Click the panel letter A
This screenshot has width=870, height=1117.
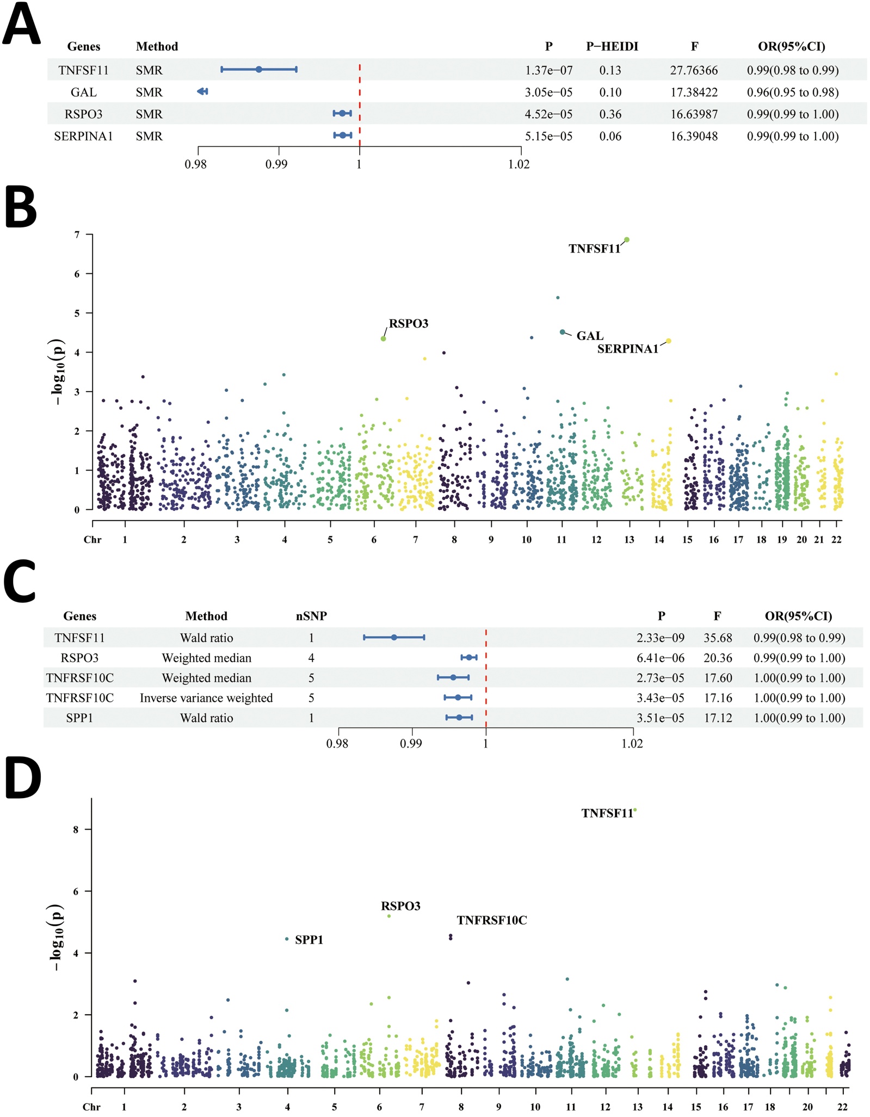(21, 24)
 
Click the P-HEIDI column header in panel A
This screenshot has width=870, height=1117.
(612, 47)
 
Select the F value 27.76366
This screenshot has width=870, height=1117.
(694, 70)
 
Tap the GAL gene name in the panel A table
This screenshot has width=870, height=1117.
(83, 92)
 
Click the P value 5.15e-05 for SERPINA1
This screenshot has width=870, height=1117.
(548, 136)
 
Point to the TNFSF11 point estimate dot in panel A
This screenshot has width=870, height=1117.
(259, 70)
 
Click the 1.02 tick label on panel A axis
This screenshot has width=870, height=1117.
(519, 164)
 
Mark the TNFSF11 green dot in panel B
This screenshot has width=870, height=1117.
(627, 240)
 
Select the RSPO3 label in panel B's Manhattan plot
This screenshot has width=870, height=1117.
(409, 324)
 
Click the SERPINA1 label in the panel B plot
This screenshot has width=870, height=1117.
(627, 349)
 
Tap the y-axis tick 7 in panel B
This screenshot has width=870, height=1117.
(77, 235)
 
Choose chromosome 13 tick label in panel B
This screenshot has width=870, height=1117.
(630, 540)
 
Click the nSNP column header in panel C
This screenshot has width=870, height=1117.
(311, 616)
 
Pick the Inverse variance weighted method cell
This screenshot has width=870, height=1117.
(206, 698)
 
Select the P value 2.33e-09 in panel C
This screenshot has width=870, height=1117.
(661, 638)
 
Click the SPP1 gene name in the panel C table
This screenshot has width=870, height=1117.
(79, 718)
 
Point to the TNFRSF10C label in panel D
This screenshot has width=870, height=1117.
(492, 921)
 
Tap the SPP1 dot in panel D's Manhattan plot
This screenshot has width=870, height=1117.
(287, 939)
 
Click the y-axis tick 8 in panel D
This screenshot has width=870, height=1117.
(75, 830)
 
